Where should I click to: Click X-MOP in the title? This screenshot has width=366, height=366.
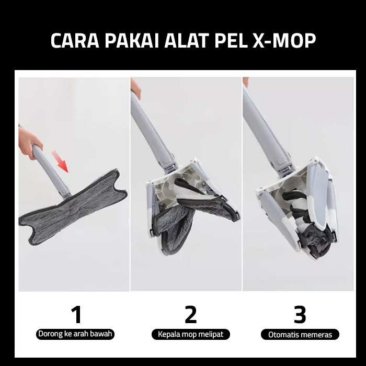284,41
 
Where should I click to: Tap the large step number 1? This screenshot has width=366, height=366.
76,314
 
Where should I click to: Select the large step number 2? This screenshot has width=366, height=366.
190,314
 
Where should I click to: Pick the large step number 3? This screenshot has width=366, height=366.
300,315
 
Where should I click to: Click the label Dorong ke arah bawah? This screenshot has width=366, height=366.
75,334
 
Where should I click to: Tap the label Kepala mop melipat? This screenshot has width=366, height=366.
191,334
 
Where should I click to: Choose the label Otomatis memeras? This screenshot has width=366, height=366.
300,335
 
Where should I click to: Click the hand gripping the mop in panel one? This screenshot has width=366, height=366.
29,146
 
